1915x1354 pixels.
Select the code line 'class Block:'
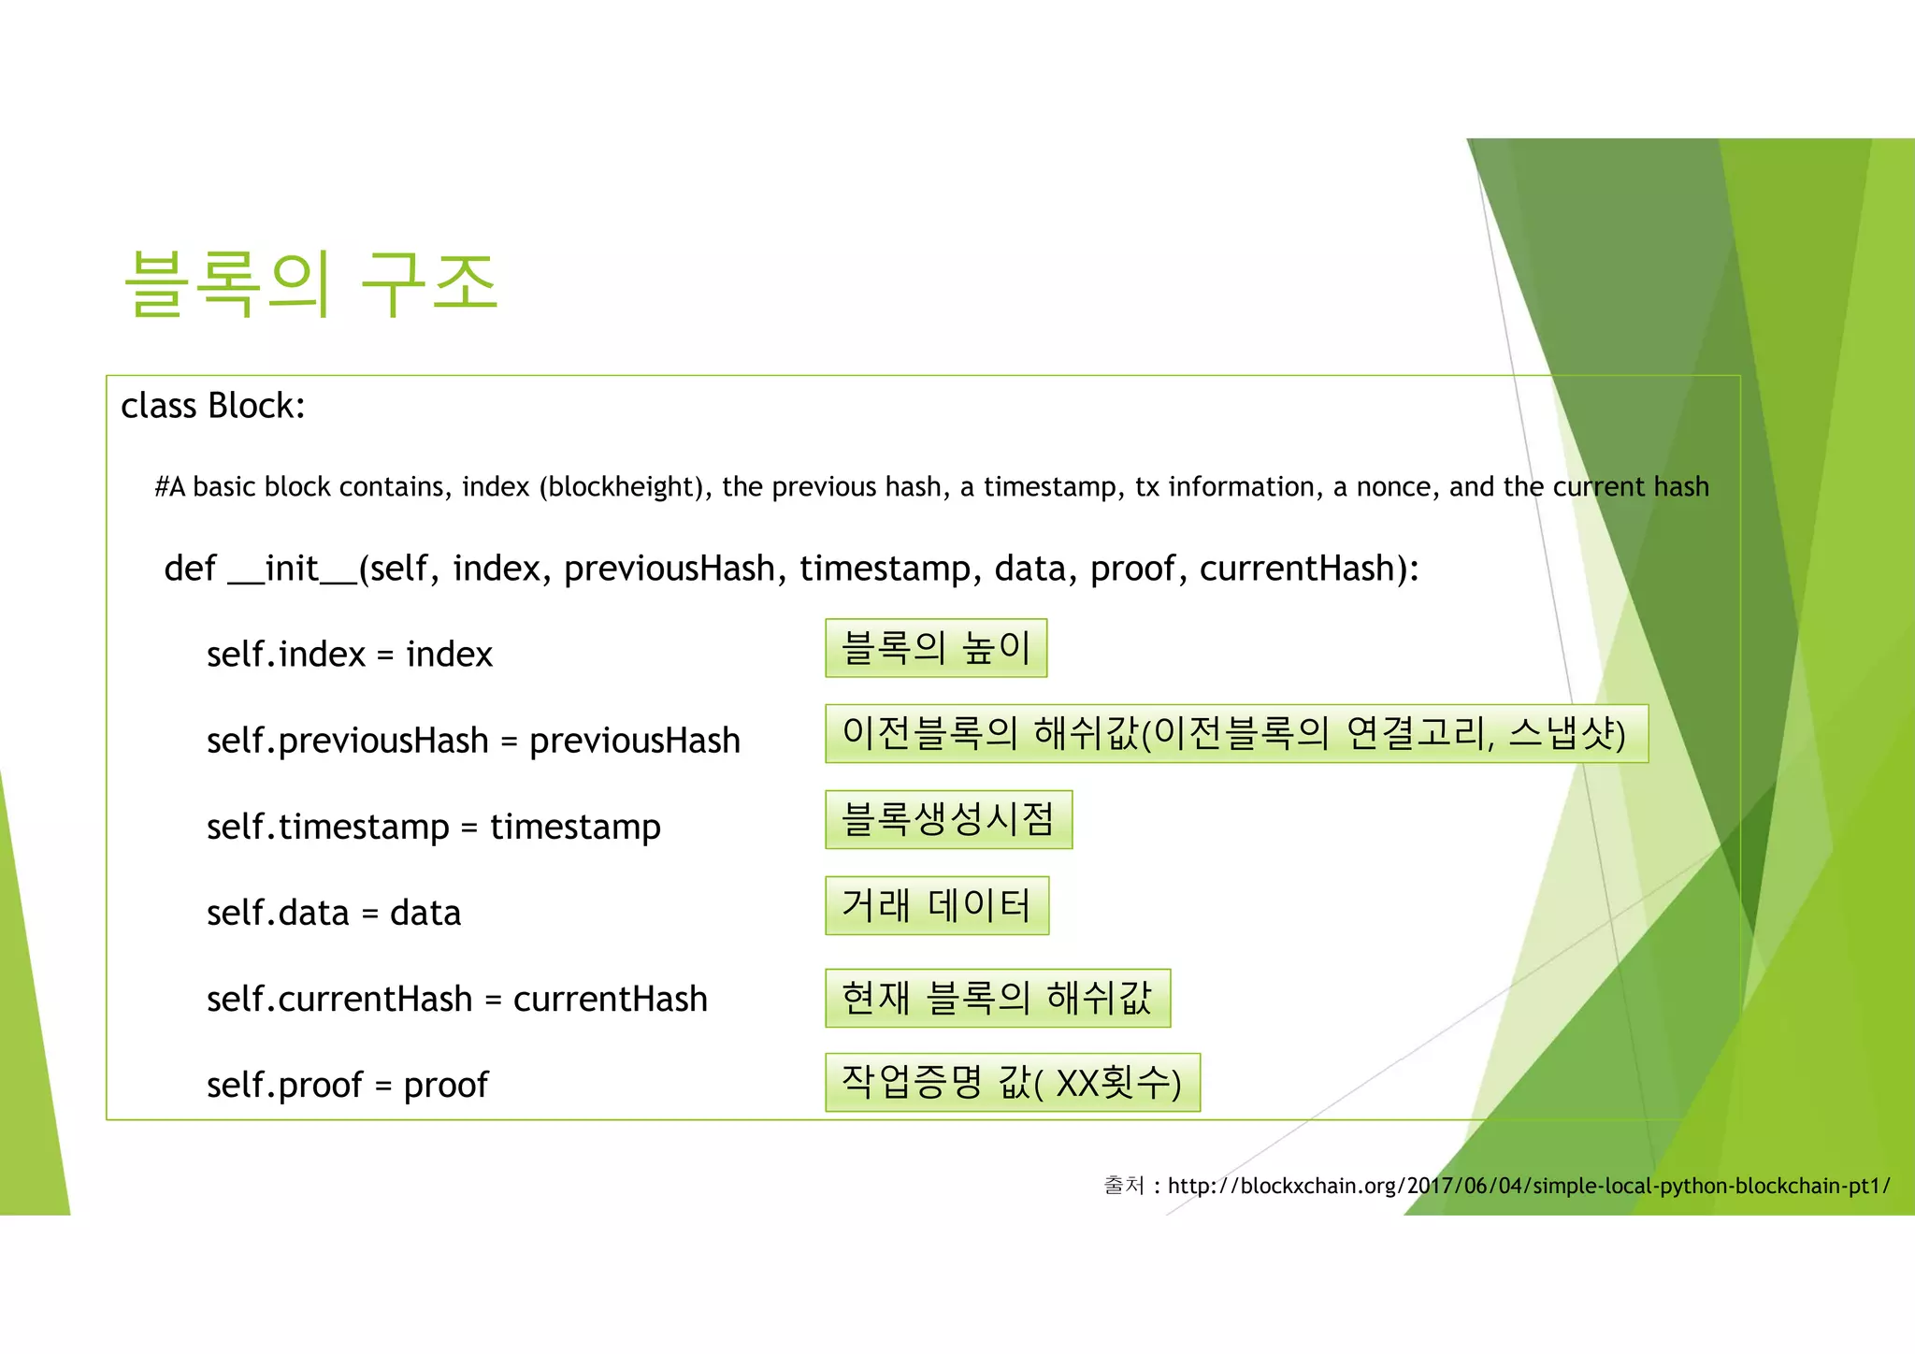tap(213, 406)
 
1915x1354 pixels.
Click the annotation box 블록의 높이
tap(936, 648)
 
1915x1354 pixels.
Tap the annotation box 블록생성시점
tap(948, 820)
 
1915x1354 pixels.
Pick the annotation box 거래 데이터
tap(937, 905)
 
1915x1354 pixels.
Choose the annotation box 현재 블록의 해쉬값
tap(998, 998)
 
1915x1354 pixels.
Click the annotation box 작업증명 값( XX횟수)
tap(1013, 1083)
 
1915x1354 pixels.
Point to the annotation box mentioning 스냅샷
tap(1236, 734)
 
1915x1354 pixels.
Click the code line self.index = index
tap(349, 655)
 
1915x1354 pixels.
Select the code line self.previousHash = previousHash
tap(473, 741)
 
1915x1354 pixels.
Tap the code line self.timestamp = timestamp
tap(433, 827)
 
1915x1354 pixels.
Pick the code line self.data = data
tap(334, 913)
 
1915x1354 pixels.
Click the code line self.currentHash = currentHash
tap(456, 999)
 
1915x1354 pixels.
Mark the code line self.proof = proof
tap(347, 1085)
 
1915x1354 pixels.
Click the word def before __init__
tap(190, 569)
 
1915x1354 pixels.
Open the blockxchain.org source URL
tap(1528, 1186)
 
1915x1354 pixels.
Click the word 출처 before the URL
tap(1124, 1186)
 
